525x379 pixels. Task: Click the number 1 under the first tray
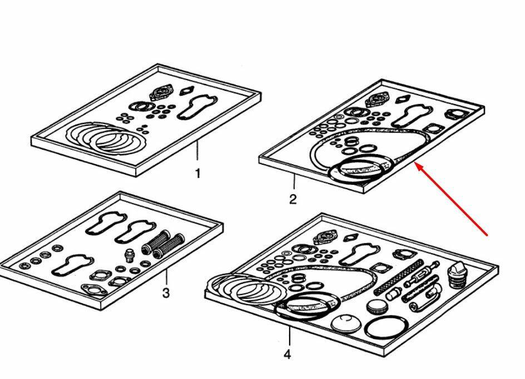coord(197,174)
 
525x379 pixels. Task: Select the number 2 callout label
coord(293,199)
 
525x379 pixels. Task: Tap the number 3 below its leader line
coord(166,293)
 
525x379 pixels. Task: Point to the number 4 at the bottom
coord(288,355)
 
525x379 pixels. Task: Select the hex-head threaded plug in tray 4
coord(457,275)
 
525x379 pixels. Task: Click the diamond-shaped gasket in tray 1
coord(187,91)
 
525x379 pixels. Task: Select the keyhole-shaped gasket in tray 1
coord(197,107)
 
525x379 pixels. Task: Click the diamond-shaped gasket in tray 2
coord(403,99)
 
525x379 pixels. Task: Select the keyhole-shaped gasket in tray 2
coord(413,117)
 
